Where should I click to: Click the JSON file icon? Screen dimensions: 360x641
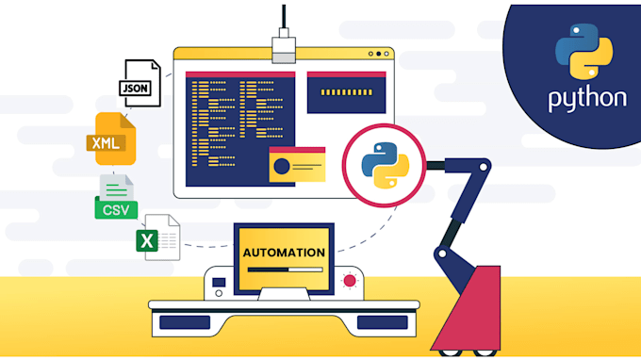(x=138, y=83)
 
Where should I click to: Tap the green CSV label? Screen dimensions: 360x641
(x=117, y=208)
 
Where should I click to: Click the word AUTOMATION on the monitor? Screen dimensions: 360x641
(x=284, y=253)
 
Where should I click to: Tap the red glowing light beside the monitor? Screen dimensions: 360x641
(x=351, y=281)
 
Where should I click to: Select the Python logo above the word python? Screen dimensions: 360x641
(x=577, y=52)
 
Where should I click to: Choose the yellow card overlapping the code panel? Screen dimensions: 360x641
(x=297, y=165)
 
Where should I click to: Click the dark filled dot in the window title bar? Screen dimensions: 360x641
(x=378, y=55)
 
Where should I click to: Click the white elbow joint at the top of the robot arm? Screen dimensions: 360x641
(x=481, y=166)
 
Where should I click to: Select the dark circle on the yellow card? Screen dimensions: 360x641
(x=281, y=168)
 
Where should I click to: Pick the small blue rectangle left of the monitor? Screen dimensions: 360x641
(x=219, y=282)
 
